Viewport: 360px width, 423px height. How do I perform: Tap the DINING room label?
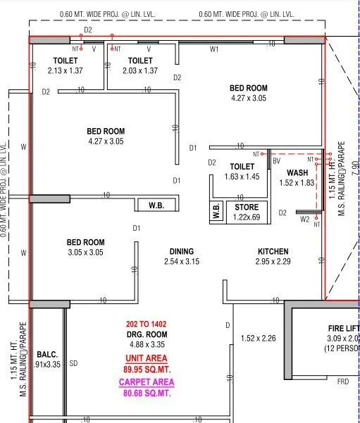[181, 251]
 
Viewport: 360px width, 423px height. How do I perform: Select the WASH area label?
[297, 172]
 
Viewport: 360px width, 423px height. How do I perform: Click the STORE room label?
[247, 208]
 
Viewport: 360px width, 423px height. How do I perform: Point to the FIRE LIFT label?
[343, 329]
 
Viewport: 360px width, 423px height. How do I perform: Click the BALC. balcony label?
[47, 355]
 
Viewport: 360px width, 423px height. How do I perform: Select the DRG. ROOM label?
[147, 334]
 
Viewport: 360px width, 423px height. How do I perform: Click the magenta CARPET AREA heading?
[146, 382]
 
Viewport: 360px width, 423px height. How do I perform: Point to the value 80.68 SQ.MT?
[146, 393]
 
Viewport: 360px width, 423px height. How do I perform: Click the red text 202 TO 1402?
[147, 324]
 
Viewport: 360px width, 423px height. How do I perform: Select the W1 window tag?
[214, 49]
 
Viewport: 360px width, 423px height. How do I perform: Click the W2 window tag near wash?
[304, 220]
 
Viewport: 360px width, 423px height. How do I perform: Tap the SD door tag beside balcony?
[73, 364]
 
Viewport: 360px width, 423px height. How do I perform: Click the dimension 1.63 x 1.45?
[242, 177]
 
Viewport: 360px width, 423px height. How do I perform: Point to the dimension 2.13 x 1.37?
[65, 71]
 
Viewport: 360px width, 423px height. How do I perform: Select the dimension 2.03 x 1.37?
[139, 71]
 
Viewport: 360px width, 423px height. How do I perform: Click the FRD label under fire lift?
[342, 381]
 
